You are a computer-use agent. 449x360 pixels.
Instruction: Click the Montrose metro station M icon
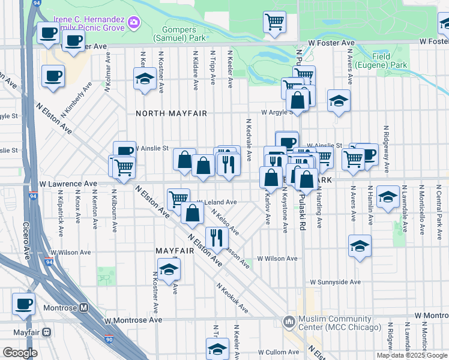[83, 308]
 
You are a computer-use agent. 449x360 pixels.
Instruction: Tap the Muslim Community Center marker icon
[289, 323]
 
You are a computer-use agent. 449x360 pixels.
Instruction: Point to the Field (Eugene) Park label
[381, 61]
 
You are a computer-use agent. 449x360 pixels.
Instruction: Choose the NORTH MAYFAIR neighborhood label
[171, 113]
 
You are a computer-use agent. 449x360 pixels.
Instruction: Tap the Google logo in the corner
[20, 353]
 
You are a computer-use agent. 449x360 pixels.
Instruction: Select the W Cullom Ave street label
[278, 353]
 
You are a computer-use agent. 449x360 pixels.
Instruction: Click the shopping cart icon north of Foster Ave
[274, 22]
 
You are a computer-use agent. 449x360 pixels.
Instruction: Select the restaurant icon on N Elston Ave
[217, 238]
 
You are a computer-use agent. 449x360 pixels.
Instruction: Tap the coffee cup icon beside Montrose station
[23, 303]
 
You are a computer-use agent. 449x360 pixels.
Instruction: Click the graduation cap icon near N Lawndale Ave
[388, 197]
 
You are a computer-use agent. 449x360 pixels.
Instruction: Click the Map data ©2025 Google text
[412, 355]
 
